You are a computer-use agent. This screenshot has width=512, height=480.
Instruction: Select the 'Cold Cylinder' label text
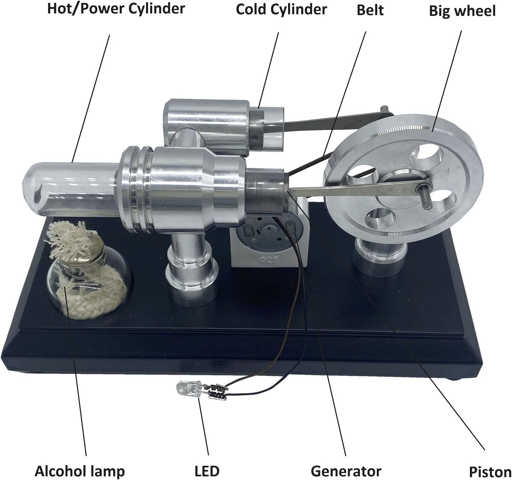pos(281,9)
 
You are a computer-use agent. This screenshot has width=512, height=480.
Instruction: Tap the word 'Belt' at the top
pos(370,10)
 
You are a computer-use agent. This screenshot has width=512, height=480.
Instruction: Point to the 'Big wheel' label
pos(462,11)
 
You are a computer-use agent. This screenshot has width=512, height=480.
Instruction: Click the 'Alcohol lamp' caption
pos(79,471)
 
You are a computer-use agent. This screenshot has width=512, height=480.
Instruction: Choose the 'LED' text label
pos(207,471)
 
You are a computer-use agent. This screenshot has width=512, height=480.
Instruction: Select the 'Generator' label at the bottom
pos(346,471)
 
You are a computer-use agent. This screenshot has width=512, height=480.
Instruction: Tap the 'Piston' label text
pos(490,472)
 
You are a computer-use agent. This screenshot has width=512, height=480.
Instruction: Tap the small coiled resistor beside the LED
pos(216,392)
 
